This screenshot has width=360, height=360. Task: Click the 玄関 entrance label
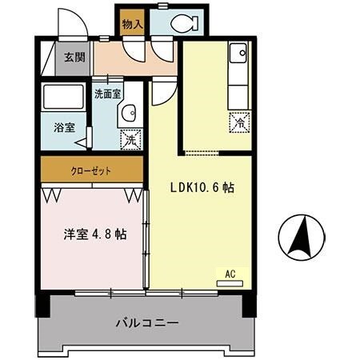(74, 58)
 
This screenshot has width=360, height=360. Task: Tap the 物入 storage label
(132, 25)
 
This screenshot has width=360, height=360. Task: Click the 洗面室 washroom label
(107, 94)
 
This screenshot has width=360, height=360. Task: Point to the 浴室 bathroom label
(65, 126)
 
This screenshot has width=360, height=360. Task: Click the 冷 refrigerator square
(238, 122)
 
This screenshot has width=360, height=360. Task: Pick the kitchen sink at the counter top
(238, 54)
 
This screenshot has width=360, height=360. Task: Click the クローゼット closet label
(91, 170)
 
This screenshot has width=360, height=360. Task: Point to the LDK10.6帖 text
(202, 188)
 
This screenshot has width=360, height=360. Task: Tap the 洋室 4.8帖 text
(94, 234)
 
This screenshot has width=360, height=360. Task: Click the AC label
(230, 274)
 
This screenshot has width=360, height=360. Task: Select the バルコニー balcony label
(146, 323)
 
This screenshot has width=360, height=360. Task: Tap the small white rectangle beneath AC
(230, 282)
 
